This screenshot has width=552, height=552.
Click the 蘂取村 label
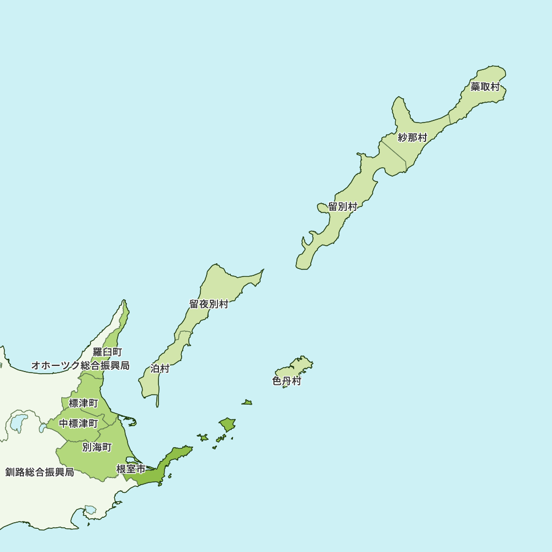tap(485, 87)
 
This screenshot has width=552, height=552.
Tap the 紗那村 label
tap(412, 137)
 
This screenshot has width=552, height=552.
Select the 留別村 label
tap(343, 207)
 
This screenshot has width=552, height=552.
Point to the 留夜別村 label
tap(209, 304)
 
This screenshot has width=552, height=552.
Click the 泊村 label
tap(160, 369)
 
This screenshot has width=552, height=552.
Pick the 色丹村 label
tap(287, 381)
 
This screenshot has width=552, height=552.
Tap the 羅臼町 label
tap(107, 352)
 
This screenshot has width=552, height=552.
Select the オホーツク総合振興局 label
tap(80, 365)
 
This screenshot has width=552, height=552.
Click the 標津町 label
tap(83, 404)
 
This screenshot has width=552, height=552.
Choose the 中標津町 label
tap(78, 423)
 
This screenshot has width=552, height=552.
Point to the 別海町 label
tap(97, 447)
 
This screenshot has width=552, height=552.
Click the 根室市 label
tap(131, 469)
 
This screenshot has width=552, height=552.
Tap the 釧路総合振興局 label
tap(40, 473)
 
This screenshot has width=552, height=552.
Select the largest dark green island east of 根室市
tap(227, 424)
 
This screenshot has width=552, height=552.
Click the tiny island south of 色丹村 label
tap(247, 402)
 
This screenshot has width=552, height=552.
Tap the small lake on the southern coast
tap(90, 509)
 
